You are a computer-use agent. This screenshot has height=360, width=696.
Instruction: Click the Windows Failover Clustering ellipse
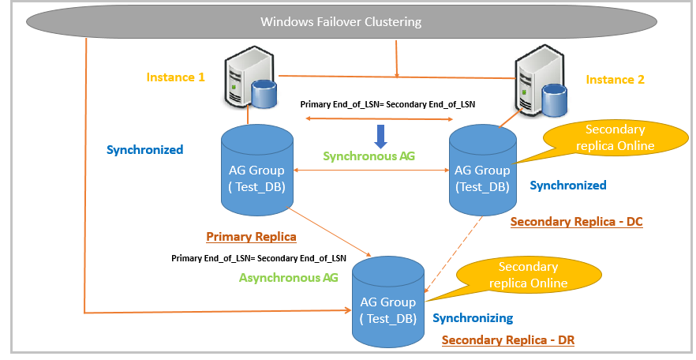(341, 21)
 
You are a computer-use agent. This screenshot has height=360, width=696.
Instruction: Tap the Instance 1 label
(175, 77)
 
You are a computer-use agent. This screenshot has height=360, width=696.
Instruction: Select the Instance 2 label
(615, 80)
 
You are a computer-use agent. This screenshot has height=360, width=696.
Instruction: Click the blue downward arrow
(380, 135)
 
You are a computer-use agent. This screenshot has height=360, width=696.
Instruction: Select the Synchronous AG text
(369, 156)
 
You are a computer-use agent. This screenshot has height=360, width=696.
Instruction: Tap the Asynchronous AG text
(288, 277)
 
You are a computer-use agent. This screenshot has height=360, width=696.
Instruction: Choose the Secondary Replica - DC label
(576, 222)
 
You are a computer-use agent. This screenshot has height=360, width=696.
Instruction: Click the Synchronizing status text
(472, 318)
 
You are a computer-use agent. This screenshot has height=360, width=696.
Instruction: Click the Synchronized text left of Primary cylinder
(145, 149)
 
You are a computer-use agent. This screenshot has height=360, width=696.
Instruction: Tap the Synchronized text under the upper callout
(567, 186)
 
